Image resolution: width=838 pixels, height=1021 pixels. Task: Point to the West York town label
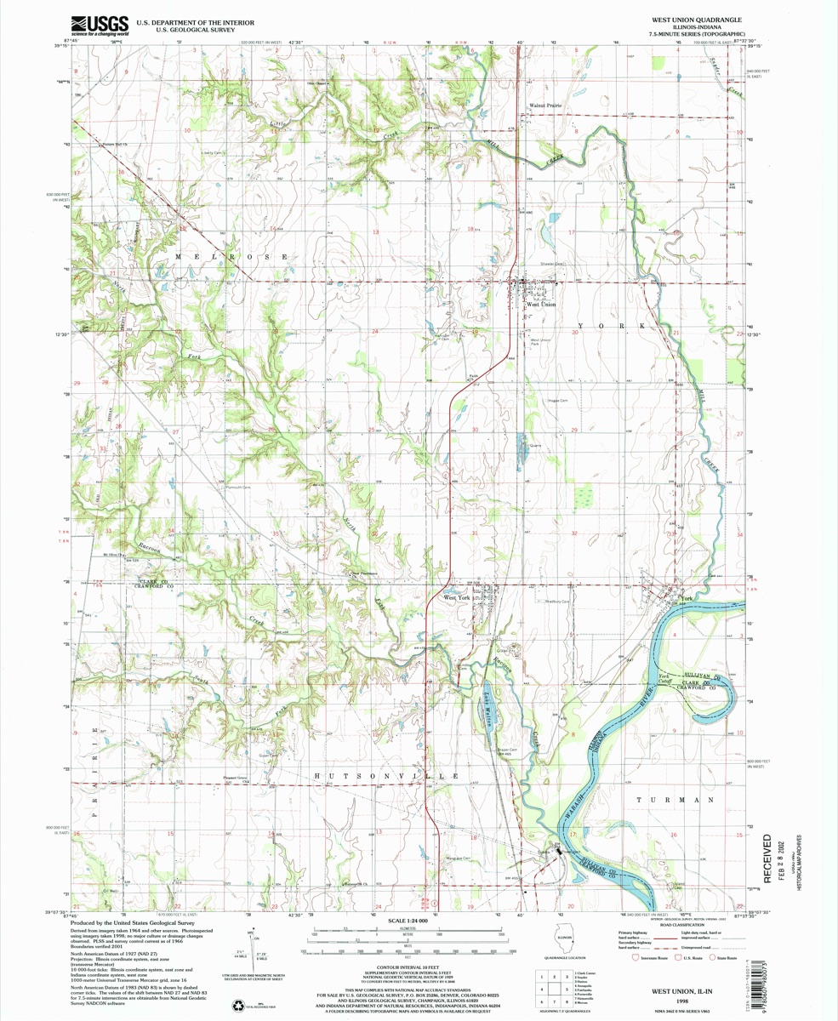tap(457, 598)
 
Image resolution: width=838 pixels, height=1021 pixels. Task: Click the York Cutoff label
tap(667, 680)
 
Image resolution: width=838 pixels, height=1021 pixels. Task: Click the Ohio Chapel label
tap(317, 83)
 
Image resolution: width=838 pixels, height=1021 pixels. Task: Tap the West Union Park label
tap(541, 343)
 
